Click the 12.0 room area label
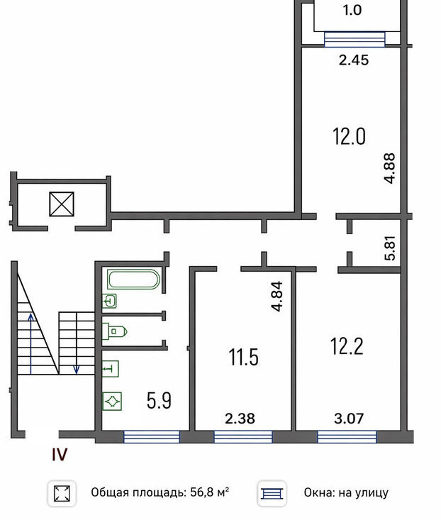pos(350,137)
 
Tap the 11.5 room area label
pos(243,357)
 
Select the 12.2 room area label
pos(347,346)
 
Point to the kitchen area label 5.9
pos(159,401)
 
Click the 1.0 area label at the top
pos(352,10)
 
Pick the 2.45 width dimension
pos(354,60)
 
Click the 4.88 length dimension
pos(390,168)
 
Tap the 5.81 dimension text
pos(391,248)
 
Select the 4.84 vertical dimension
pos(277,296)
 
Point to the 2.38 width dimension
pos(240,419)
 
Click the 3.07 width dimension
pos(349,419)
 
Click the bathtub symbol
pos(133,280)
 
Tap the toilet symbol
pos(115,331)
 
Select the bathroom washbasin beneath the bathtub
pos(109,301)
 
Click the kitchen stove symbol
pos(112,402)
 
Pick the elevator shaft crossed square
pos(62,204)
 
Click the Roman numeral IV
pos(60,454)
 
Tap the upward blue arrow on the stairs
pos(30,343)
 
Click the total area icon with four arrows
pos(62,494)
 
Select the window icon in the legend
pos(272,494)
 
